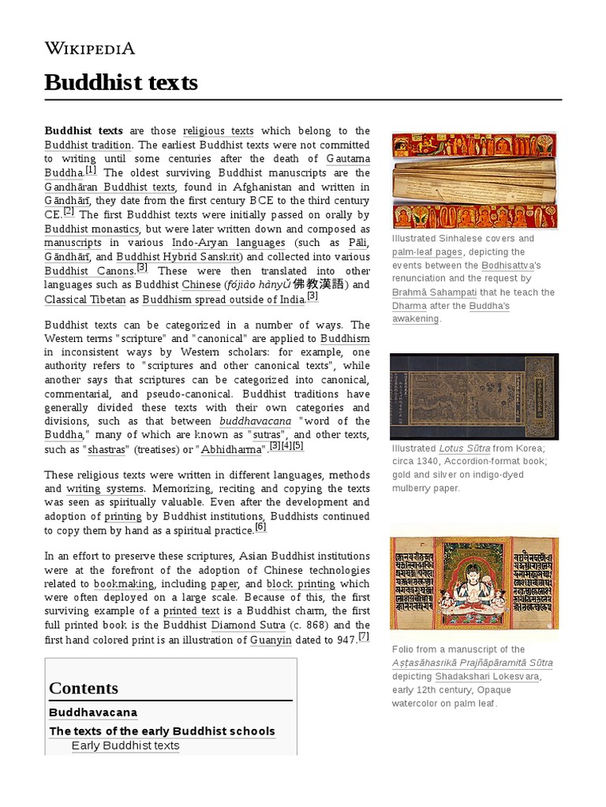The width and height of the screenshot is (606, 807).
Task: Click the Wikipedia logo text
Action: click(x=90, y=48)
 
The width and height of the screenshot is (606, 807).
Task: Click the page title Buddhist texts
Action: click(x=121, y=82)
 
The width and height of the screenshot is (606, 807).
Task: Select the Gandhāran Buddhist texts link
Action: click(x=110, y=187)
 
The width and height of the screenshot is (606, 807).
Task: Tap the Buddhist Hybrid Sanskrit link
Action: click(x=180, y=257)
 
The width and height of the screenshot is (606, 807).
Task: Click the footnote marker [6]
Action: click(x=260, y=527)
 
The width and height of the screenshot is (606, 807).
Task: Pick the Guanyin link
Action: click(x=271, y=640)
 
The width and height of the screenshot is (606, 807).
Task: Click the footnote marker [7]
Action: click(x=363, y=637)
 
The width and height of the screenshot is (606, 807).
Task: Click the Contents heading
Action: click(x=84, y=688)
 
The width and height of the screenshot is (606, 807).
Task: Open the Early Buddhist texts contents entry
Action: click(x=125, y=746)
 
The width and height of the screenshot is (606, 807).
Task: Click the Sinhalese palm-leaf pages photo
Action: click(x=474, y=180)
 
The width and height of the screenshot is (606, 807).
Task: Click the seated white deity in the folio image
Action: click(x=473, y=584)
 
